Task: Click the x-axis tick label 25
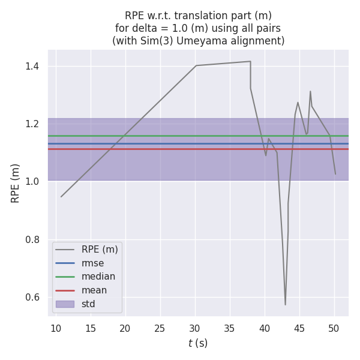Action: pyautogui.click(x=160, y=328)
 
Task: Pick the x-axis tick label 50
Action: pyautogui.click(x=334, y=328)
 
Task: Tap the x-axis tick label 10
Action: pyautogui.click(x=56, y=328)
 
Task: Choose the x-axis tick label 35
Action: pyautogui.click(x=229, y=328)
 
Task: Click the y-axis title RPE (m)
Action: pyautogui.click(x=16, y=183)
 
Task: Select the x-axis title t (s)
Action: pyautogui.click(x=198, y=343)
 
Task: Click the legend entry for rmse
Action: pyautogui.click(x=93, y=263)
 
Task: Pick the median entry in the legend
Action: pyautogui.click(x=98, y=277)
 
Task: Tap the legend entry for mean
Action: pyautogui.click(x=94, y=290)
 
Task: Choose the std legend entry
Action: pyautogui.click(x=88, y=304)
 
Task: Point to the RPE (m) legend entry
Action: pyautogui.click(x=100, y=249)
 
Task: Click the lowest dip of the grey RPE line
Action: pyautogui.click(x=285, y=305)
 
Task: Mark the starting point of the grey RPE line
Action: pyautogui.click(x=61, y=197)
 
